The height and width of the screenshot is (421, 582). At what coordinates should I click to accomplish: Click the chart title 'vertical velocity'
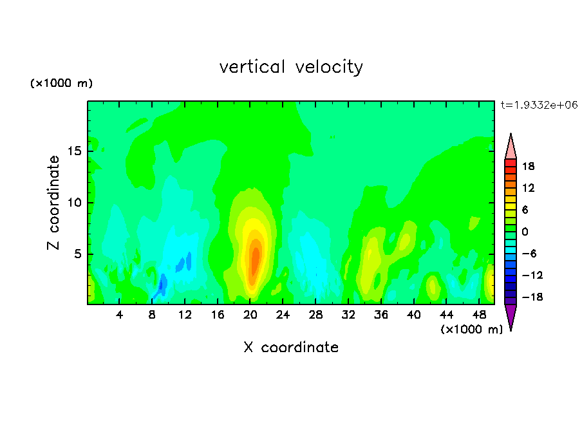[291, 67]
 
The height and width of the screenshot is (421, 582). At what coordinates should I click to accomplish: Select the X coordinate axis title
[291, 347]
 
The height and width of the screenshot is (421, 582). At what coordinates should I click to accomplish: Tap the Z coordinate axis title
[53, 202]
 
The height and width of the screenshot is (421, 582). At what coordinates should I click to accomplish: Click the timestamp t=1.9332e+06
[539, 105]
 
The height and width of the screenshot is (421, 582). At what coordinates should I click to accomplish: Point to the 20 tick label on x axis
[250, 315]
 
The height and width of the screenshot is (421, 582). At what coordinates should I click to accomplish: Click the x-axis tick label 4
[119, 315]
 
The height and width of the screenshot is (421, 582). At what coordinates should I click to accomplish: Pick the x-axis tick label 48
[479, 315]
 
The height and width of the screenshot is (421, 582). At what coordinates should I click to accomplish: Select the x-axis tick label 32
[348, 315]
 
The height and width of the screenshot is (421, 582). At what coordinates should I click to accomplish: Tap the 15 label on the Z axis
[75, 151]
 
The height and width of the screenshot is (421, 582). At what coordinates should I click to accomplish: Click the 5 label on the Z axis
[78, 254]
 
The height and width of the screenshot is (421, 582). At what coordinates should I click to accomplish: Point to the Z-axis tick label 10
[75, 203]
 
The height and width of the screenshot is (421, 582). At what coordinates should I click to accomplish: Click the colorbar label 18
[528, 166]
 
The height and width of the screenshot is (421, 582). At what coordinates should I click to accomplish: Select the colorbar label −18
[532, 297]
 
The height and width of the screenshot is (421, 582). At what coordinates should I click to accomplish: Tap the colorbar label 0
[525, 232]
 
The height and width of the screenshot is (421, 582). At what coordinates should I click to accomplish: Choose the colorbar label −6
[529, 254]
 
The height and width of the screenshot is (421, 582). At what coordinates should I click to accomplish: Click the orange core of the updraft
[255, 261]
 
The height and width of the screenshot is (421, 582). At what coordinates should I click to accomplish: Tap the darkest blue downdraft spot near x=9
[162, 284]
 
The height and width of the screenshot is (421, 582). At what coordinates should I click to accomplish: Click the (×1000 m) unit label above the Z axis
[61, 83]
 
